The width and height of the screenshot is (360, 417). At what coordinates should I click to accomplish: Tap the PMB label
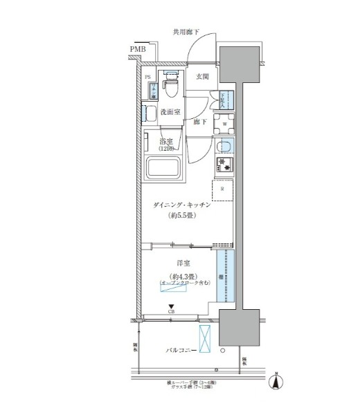tap(137, 50)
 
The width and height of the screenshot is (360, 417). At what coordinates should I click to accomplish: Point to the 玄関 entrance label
tap(202, 77)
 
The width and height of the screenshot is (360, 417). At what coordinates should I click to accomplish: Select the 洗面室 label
tap(171, 111)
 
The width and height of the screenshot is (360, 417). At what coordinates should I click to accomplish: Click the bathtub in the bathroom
tap(164, 169)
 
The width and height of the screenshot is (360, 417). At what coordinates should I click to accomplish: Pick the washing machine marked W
tap(224, 124)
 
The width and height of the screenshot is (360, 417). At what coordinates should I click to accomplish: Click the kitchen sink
tap(224, 147)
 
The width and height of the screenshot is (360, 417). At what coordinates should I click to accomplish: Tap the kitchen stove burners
tap(224, 165)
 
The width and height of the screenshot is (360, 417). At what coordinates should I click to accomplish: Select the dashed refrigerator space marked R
tap(222, 189)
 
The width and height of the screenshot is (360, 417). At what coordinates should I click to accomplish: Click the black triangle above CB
tap(170, 306)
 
